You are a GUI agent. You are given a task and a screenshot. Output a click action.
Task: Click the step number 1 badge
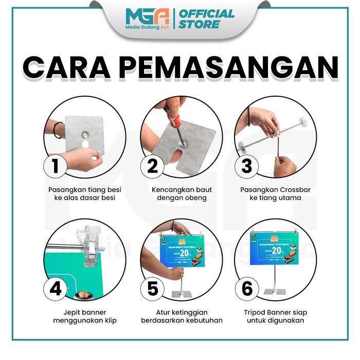point(55,166)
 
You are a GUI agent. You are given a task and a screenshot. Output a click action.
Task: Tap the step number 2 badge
point(152,166)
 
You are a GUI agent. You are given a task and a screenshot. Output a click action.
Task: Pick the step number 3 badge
point(247,166)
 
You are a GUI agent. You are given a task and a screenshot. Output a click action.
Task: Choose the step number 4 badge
point(55,289)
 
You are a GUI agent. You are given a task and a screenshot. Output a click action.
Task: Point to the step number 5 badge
point(152,289)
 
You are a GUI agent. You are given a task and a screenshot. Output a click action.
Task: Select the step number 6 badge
point(247,289)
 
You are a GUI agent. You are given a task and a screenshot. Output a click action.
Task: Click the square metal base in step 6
point(274,292)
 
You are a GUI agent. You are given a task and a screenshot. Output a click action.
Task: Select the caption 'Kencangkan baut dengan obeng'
point(182,193)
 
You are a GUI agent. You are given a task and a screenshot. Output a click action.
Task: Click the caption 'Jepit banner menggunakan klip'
point(84,316)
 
